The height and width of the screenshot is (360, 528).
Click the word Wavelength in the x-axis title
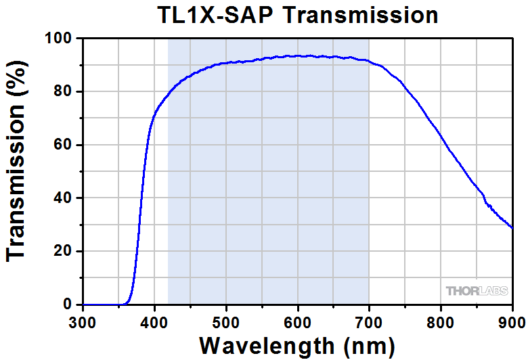(266, 346)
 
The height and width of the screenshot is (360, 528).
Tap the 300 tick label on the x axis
(83, 320)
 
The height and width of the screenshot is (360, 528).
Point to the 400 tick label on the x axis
(154, 320)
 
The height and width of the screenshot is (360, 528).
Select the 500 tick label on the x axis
(226, 320)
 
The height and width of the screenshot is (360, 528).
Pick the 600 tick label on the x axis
(298, 320)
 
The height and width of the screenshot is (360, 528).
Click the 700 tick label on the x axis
(369, 320)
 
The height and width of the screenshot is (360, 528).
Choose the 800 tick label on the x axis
(441, 320)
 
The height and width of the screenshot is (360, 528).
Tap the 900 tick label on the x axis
(511, 320)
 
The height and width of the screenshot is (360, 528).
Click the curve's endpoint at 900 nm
(512, 228)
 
